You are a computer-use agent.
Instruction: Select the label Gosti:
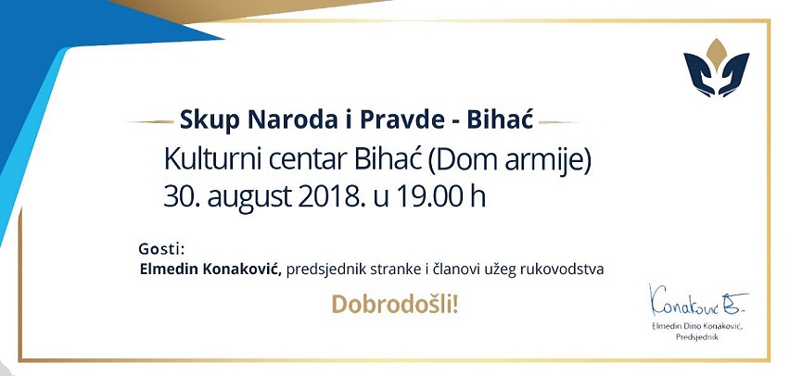161,249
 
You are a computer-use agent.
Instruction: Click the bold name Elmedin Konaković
210,269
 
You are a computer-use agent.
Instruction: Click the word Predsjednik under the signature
698,338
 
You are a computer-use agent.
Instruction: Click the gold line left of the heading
148,120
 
